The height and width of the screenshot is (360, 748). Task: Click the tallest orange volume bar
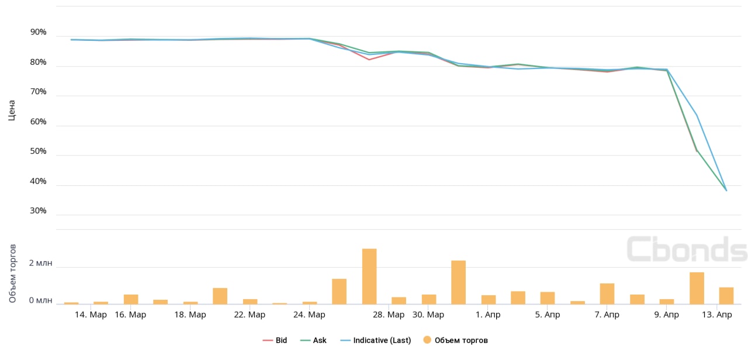click(x=369, y=276)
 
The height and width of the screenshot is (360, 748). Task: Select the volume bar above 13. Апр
click(x=726, y=295)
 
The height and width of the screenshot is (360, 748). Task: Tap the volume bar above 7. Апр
click(x=607, y=293)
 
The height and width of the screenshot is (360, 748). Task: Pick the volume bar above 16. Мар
click(x=131, y=299)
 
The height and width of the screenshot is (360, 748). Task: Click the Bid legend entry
click(x=275, y=340)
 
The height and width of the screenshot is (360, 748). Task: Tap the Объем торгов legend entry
click(x=455, y=340)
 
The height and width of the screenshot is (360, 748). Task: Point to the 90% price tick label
click(x=38, y=32)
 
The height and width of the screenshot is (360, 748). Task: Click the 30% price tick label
click(x=38, y=210)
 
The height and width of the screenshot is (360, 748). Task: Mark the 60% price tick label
click(x=38, y=122)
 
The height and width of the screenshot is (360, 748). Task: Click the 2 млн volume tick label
click(x=41, y=263)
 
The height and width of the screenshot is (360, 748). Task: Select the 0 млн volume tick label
click(x=41, y=300)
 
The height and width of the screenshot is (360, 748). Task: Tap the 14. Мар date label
click(x=91, y=315)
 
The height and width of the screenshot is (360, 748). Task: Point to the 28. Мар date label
click(x=389, y=315)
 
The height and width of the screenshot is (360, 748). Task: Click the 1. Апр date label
click(x=488, y=315)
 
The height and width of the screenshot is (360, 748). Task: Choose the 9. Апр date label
click(x=666, y=315)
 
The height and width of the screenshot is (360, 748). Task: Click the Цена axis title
click(x=12, y=110)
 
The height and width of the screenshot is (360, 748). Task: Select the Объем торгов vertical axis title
click(x=12, y=274)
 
